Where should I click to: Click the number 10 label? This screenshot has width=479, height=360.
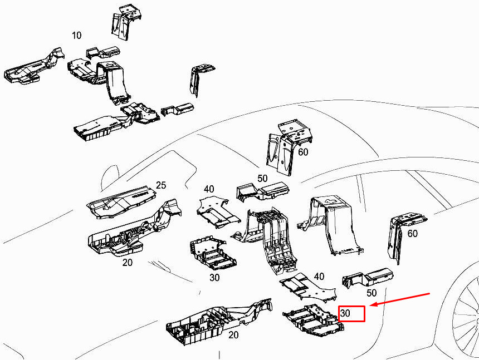click(76, 35)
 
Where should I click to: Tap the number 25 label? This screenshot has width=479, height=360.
click(161, 185)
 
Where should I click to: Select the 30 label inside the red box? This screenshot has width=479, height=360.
click(345, 313)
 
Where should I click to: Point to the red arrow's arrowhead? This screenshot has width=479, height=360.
click(372, 305)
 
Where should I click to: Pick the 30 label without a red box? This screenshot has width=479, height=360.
click(214, 277)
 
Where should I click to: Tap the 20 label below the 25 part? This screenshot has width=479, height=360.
click(127, 262)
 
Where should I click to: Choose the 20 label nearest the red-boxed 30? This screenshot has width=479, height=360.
click(233, 334)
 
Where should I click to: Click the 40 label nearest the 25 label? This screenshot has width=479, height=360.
click(209, 189)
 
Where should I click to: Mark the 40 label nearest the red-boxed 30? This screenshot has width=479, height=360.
click(319, 277)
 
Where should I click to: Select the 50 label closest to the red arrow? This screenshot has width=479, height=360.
click(372, 293)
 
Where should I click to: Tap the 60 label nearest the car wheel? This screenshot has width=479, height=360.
click(412, 234)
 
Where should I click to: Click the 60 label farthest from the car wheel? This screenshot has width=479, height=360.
click(303, 151)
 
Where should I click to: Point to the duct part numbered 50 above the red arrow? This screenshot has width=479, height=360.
click(368, 277)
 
